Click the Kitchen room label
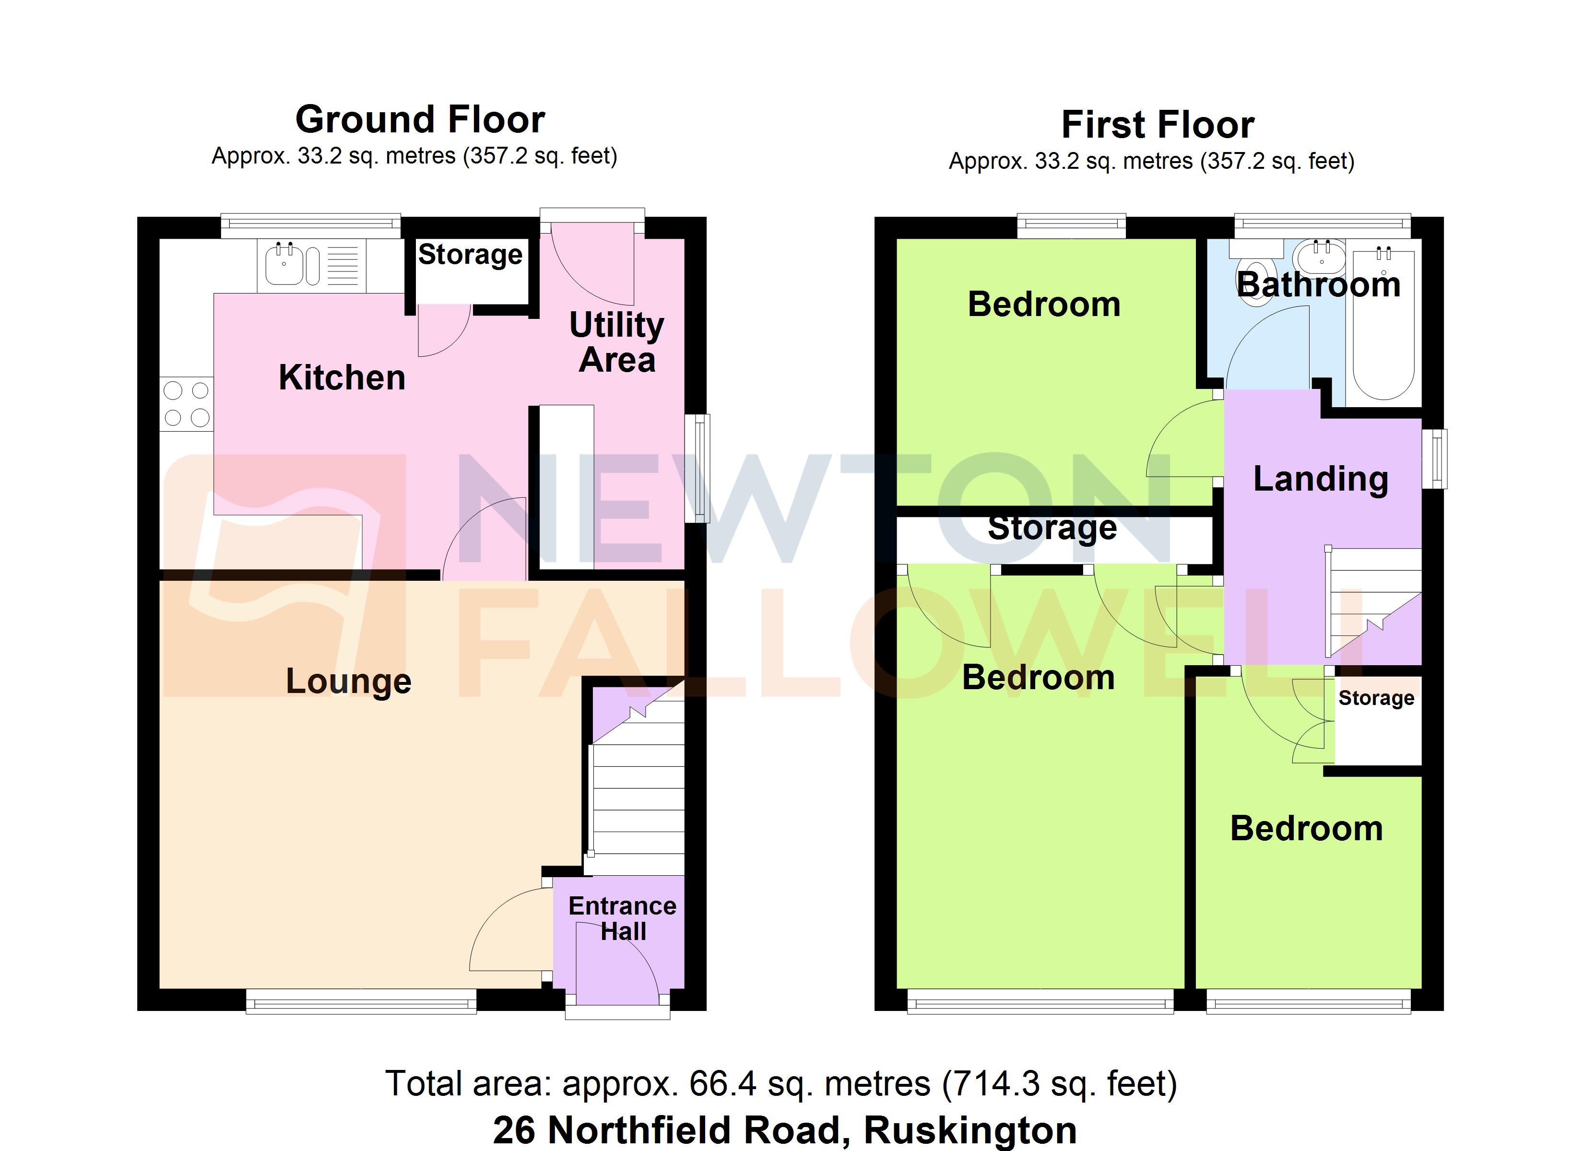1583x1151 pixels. click(x=342, y=377)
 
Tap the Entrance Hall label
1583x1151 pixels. click(x=622, y=918)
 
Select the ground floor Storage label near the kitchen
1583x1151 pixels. click(x=470, y=255)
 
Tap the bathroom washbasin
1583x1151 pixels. click(x=1319, y=258)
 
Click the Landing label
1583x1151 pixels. click(x=1320, y=479)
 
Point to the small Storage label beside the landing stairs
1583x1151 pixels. click(x=1376, y=697)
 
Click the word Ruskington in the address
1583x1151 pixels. click(x=970, y=1130)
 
